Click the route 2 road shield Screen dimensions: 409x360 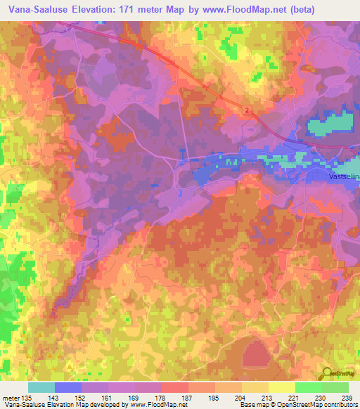click(247, 111)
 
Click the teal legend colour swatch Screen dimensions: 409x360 click(41, 387)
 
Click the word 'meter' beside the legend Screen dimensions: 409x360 click(11, 398)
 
